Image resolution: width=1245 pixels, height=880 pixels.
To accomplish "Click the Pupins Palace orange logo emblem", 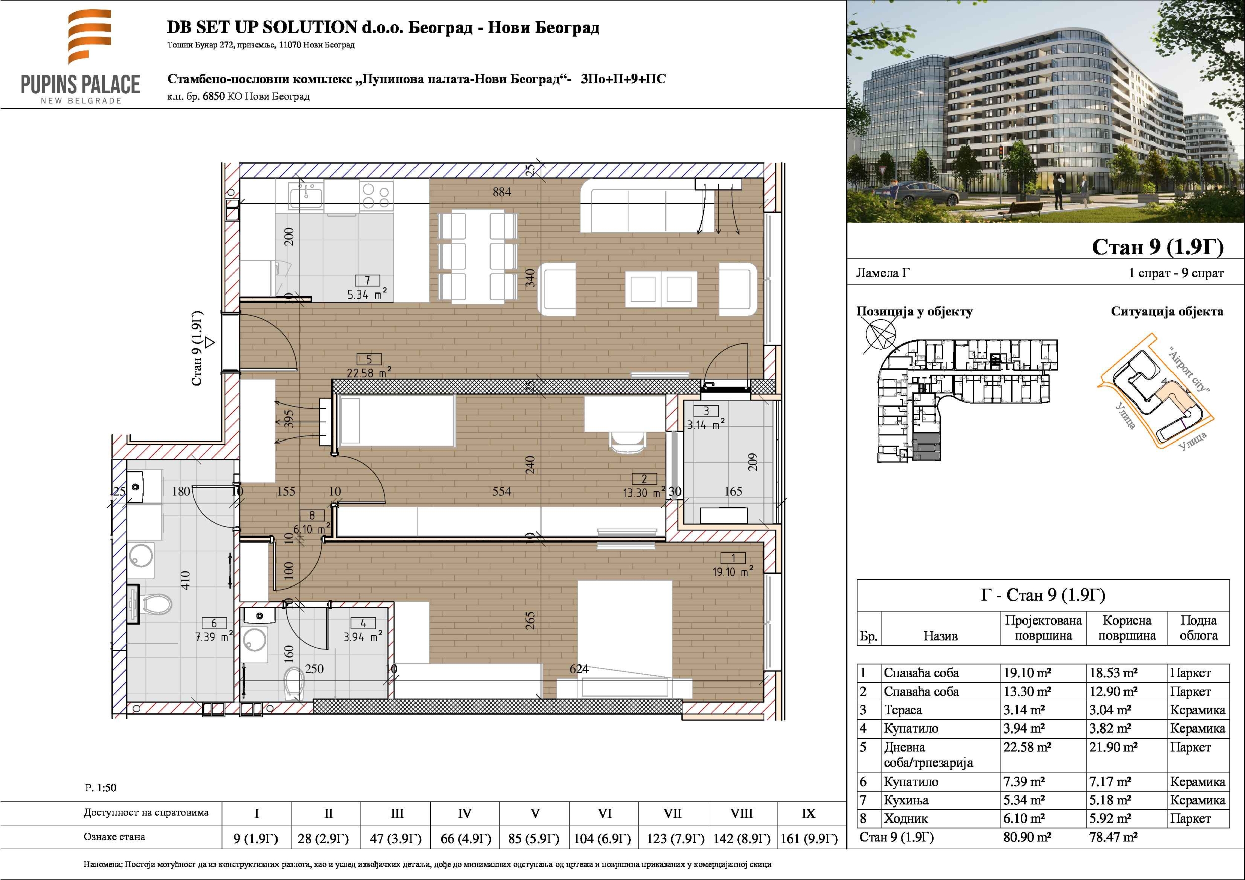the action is point(90,37).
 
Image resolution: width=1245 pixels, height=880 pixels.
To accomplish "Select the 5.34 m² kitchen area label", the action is point(367,294).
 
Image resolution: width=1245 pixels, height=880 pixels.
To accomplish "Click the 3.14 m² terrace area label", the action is point(706,424).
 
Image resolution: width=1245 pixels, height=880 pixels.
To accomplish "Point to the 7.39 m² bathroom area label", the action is point(214,637).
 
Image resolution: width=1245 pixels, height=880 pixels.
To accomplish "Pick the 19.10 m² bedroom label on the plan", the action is point(732,571).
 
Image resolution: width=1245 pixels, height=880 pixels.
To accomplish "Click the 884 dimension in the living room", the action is point(502,191).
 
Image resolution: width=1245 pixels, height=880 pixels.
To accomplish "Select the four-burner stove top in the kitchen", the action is point(376,196).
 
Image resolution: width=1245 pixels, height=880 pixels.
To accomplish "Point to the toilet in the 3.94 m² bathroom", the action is point(294,683).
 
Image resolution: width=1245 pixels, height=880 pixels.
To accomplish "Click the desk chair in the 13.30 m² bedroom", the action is point(628,442).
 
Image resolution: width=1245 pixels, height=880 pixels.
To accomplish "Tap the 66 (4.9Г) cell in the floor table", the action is point(465,839).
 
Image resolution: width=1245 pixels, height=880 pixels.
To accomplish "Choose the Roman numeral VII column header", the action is point(672,813).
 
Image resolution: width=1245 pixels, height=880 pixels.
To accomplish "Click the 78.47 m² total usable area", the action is point(1113,837).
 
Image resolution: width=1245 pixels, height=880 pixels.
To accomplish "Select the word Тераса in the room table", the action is point(903,710).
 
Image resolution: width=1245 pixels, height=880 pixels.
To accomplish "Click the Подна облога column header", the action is point(1198,627).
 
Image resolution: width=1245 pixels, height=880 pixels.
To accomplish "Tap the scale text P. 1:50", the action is point(101,787).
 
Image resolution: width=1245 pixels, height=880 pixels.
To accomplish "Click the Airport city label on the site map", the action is point(1189,370).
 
